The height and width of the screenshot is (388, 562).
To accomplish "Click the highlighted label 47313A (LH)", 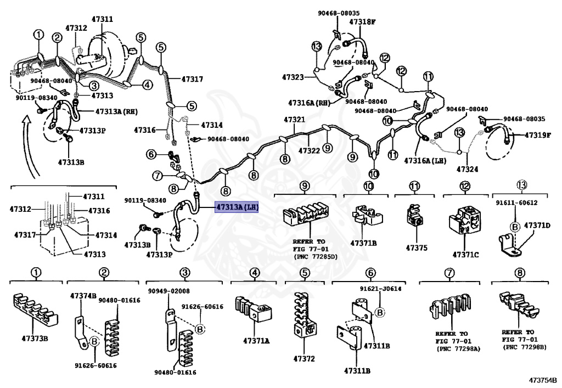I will click(x=236, y=207).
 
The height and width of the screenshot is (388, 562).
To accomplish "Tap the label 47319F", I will click(x=537, y=134).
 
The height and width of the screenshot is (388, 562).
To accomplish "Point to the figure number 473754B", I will click(x=543, y=380).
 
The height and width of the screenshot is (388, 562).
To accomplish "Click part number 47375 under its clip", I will click(x=416, y=248).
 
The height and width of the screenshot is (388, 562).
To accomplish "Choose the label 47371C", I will click(x=466, y=255).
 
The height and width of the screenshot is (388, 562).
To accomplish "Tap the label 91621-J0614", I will click(x=380, y=289).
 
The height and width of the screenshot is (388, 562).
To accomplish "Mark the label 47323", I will click(x=293, y=77).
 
